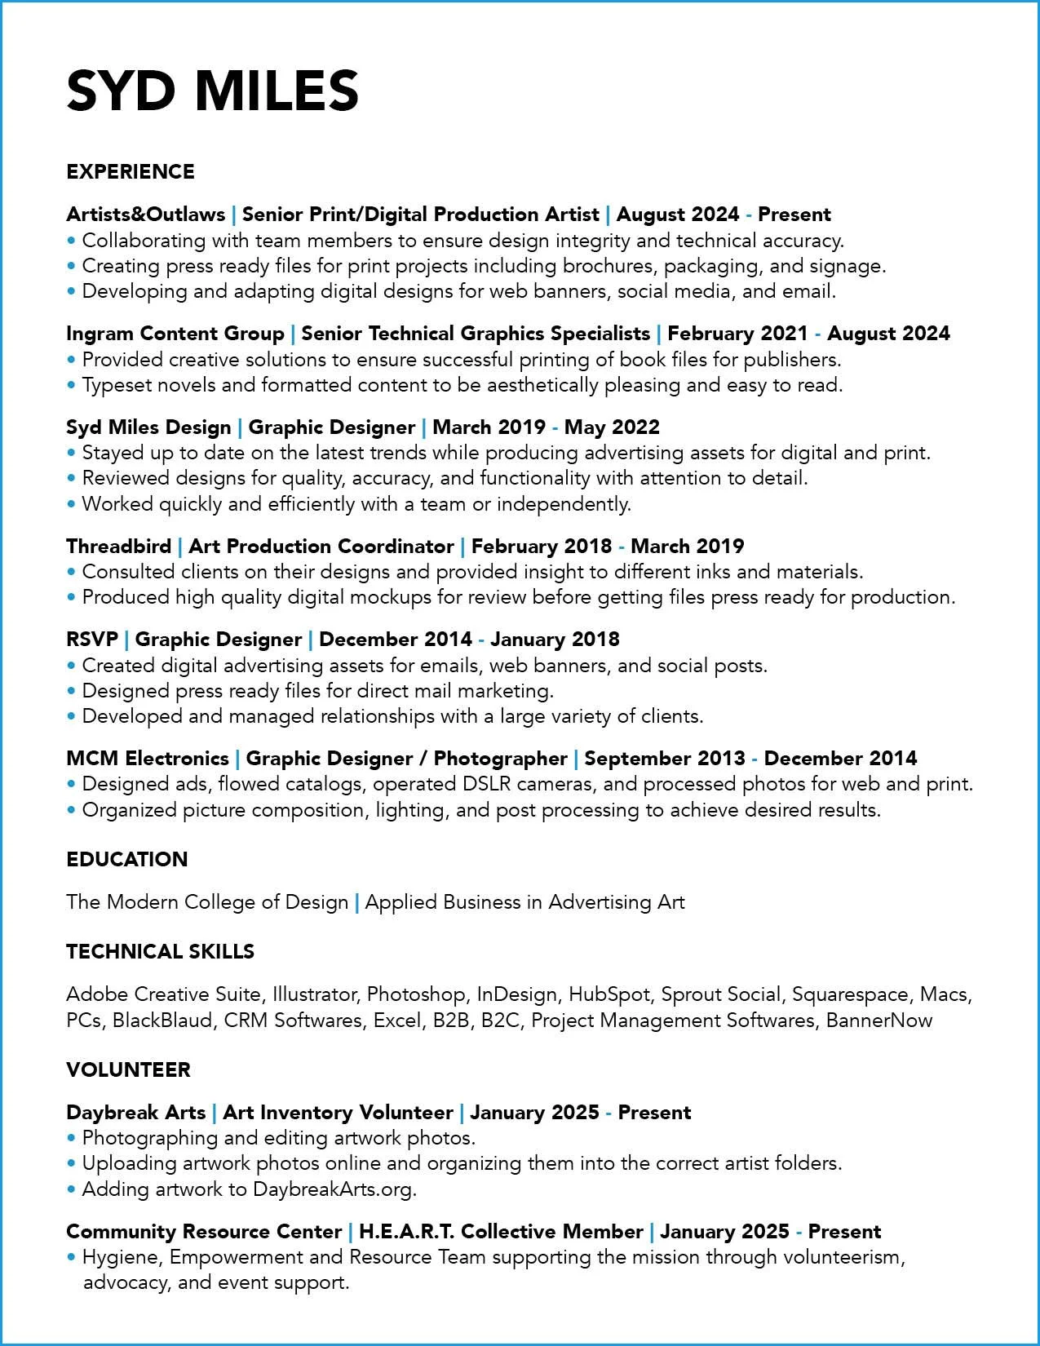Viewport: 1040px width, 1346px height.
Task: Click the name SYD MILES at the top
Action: [212, 90]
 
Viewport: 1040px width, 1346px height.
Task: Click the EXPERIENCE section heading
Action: [131, 172]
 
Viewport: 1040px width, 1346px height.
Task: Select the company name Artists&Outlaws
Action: [145, 215]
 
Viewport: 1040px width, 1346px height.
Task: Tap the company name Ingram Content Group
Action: [175, 334]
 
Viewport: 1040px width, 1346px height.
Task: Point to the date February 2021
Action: [737, 334]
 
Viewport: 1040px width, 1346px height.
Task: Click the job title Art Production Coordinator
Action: [321, 547]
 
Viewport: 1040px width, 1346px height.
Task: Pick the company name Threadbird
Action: [118, 547]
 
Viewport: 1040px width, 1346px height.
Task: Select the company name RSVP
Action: [92, 640]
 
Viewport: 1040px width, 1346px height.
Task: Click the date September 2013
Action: [665, 759]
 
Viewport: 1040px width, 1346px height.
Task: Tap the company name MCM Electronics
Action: [147, 759]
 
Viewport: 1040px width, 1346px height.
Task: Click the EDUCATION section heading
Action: [126, 860]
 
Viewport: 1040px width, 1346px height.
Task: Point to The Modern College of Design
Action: [207, 902]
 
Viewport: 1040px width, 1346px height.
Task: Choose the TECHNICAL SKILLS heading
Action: [160, 952]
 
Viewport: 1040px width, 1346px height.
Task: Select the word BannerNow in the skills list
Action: [879, 1021]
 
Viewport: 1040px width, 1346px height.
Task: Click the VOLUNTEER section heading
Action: [128, 1070]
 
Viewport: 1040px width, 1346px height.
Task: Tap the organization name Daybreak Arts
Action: [135, 1113]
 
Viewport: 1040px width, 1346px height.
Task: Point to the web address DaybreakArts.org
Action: [333, 1189]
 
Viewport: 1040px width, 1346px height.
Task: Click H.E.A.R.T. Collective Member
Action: [501, 1232]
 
